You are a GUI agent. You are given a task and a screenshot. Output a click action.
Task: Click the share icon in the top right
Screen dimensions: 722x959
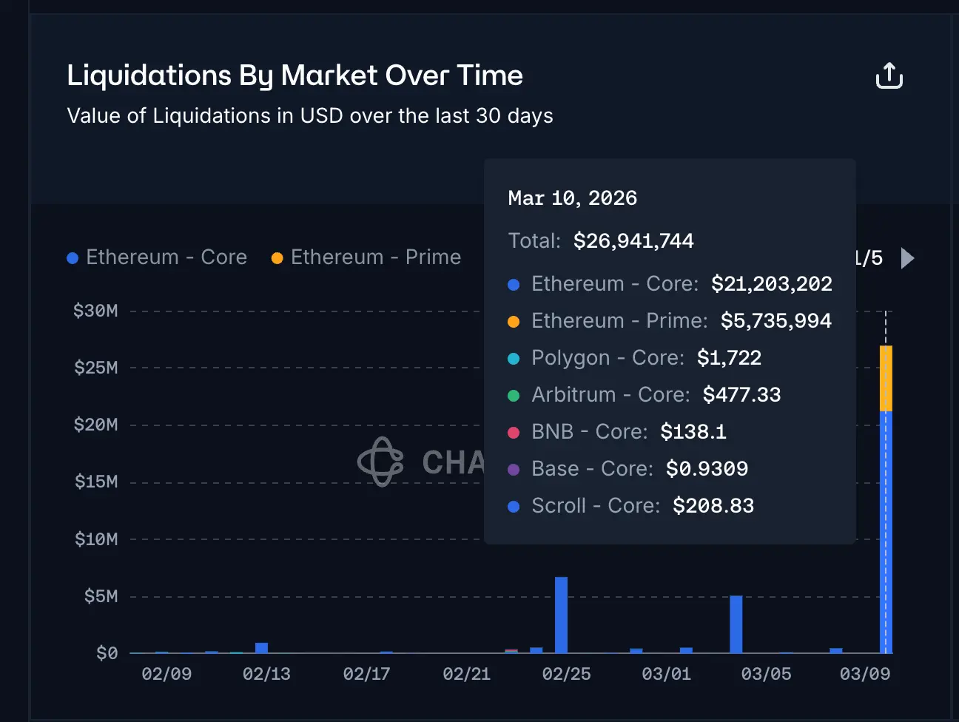click(889, 75)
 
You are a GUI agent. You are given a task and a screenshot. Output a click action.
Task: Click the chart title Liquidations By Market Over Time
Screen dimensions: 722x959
click(295, 75)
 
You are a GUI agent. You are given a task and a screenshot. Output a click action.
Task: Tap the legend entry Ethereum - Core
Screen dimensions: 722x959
click(157, 257)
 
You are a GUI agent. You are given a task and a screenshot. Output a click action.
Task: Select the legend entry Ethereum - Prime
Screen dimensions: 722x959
click(366, 257)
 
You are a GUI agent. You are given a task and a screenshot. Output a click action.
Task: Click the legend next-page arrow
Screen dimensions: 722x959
click(908, 258)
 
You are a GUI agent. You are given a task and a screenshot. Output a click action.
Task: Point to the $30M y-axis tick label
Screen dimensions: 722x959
click(95, 311)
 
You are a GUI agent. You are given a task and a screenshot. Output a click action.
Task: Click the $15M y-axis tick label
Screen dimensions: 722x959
click(96, 482)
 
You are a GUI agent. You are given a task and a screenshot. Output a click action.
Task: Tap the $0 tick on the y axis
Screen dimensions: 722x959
click(107, 653)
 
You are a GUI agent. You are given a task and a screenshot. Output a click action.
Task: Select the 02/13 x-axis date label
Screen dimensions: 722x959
click(266, 674)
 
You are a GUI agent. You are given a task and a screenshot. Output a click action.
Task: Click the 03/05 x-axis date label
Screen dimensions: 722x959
click(766, 674)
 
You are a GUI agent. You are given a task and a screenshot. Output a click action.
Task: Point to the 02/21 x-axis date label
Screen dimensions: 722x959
click(466, 674)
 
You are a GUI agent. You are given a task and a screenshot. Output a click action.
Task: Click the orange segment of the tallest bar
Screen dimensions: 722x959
click(886, 378)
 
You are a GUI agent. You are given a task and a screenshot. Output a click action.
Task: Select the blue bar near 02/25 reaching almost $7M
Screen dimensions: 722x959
click(561, 615)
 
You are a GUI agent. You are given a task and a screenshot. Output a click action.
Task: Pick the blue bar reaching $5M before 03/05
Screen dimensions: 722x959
click(736, 624)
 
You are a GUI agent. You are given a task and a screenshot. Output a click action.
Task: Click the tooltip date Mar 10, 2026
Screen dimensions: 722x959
click(572, 198)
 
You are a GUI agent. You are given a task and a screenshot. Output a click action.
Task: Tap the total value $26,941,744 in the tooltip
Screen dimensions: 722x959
click(633, 241)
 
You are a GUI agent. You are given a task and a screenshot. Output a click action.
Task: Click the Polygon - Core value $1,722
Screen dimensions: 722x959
click(729, 358)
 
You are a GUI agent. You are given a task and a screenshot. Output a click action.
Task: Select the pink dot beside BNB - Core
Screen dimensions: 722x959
click(514, 432)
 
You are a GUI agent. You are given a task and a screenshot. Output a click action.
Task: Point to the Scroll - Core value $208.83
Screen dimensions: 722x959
click(713, 506)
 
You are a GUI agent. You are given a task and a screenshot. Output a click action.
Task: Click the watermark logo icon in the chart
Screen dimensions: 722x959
click(380, 462)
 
